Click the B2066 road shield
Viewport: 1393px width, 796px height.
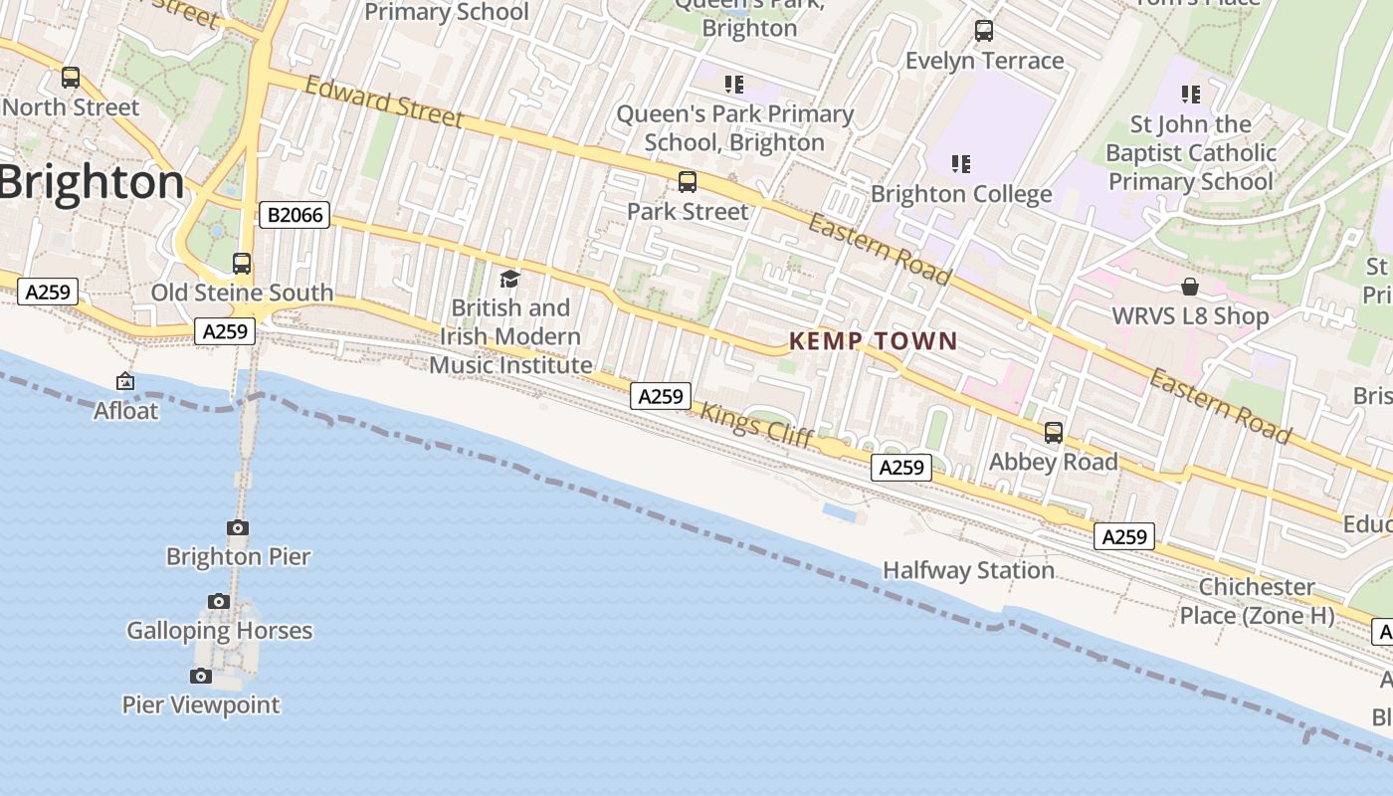(x=295, y=214)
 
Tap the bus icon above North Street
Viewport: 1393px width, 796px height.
(x=71, y=77)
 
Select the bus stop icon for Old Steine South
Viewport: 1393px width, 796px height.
(x=242, y=264)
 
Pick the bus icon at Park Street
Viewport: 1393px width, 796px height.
(x=688, y=182)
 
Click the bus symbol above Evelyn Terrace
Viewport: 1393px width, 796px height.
(x=984, y=31)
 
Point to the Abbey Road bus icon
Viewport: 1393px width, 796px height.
(x=1054, y=433)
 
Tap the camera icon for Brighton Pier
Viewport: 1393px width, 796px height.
(x=238, y=528)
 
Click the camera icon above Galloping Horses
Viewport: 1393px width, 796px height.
(x=219, y=601)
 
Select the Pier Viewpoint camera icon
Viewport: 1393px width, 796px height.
(x=201, y=677)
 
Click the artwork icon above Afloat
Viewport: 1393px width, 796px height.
(x=125, y=381)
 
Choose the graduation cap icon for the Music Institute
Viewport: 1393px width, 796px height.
(x=510, y=280)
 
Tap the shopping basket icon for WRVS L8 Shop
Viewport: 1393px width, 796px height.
(x=1189, y=288)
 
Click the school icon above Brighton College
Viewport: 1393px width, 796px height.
(x=960, y=163)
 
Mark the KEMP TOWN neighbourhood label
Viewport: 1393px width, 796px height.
(x=874, y=341)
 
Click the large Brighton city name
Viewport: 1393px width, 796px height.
(x=93, y=183)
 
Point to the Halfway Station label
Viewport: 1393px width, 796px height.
(x=969, y=570)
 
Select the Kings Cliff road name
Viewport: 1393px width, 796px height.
(x=757, y=424)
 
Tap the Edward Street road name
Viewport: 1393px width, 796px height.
(x=384, y=102)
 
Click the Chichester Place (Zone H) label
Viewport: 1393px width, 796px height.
(x=1258, y=601)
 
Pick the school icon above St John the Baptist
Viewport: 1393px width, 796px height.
(x=1190, y=95)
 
